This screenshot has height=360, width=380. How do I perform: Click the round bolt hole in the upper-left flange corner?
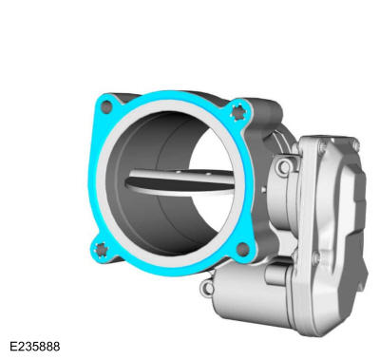pyautogui.click(x=107, y=107)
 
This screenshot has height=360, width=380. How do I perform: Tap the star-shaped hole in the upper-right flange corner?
pyautogui.click(x=238, y=112)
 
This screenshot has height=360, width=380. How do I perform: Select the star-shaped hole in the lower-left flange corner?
pyautogui.click(x=101, y=249)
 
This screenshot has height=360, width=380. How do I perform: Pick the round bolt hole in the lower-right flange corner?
pyautogui.click(x=243, y=249)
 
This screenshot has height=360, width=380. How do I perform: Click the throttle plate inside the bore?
pyautogui.click(x=180, y=182)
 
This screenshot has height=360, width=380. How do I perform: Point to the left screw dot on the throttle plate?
pyautogui.click(x=179, y=172)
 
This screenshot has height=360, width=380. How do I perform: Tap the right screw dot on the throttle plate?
pyautogui.click(x=208, y=174)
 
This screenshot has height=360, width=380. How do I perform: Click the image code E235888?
pyautogui.click(x=35, y=346)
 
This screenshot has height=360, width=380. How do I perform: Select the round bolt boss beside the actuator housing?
pyautogui.click(x=283, y=167)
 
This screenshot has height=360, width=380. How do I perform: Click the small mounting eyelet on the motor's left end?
pyautogui.click(x=208, y=287)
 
